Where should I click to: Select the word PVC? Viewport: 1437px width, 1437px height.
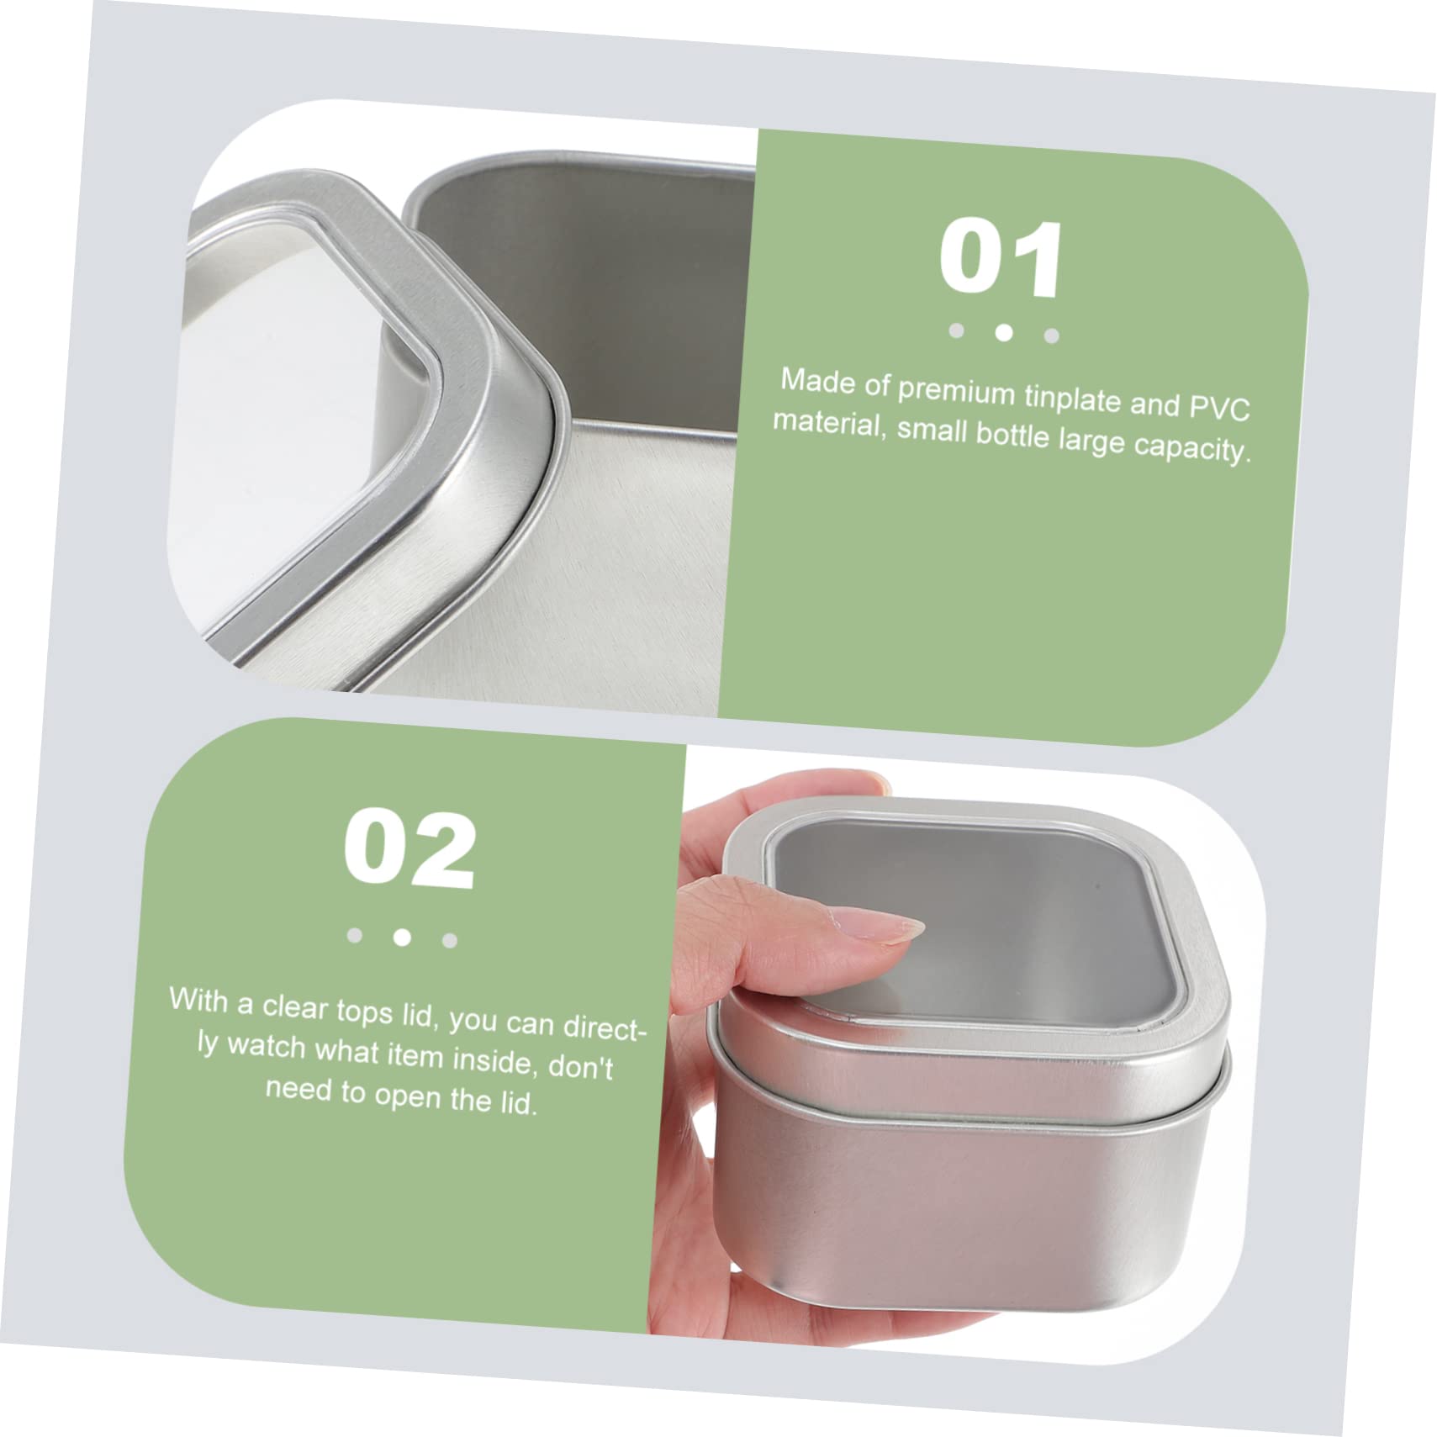coord(1219,408)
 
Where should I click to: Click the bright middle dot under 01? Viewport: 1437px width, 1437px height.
coord(1003,332)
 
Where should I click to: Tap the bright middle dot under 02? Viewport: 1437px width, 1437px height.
coord(402,936)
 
